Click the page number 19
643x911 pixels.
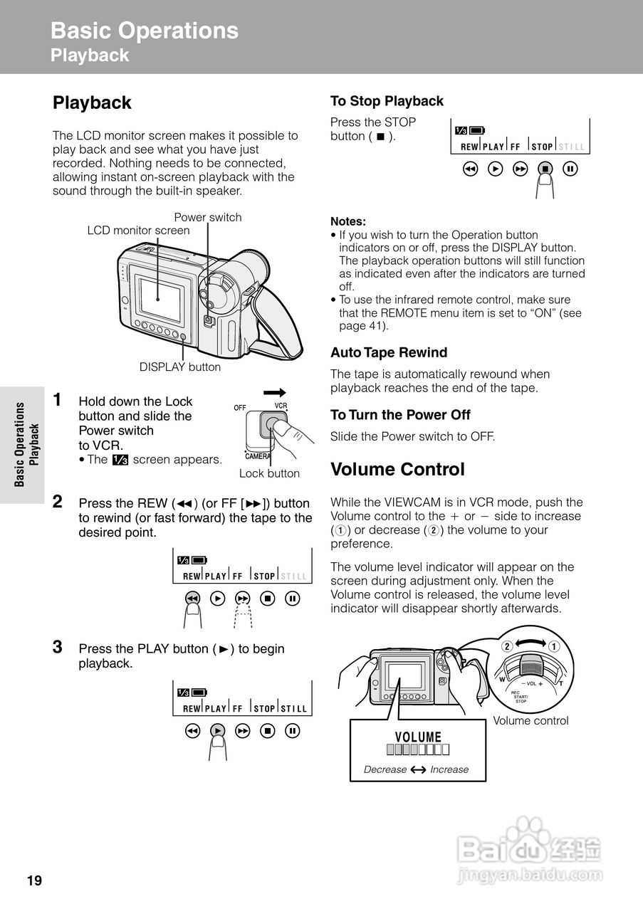point(34,881)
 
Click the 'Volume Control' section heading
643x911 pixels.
point(397,470)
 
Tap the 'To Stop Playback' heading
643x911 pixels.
point(387,101)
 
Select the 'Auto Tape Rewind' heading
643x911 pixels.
point(389,352)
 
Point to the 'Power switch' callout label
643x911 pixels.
point(208,217)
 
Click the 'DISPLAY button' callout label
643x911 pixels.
point(180,367)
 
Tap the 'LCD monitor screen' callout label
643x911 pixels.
point(138,231)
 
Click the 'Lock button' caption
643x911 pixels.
point(269,473)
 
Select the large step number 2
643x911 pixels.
point(58,501)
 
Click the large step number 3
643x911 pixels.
point(58,647)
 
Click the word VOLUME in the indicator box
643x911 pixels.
point(418,737)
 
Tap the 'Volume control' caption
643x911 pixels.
point(530,721)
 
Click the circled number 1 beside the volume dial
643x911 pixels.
point(553,646)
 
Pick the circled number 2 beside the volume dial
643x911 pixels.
point(507,646)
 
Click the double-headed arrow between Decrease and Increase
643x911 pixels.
point(418,769)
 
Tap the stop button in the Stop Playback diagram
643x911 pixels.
point(545,169)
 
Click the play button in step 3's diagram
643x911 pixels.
point(218,730)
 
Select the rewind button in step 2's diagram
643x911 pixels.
point(192,599)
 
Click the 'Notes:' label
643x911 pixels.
point(347,221)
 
